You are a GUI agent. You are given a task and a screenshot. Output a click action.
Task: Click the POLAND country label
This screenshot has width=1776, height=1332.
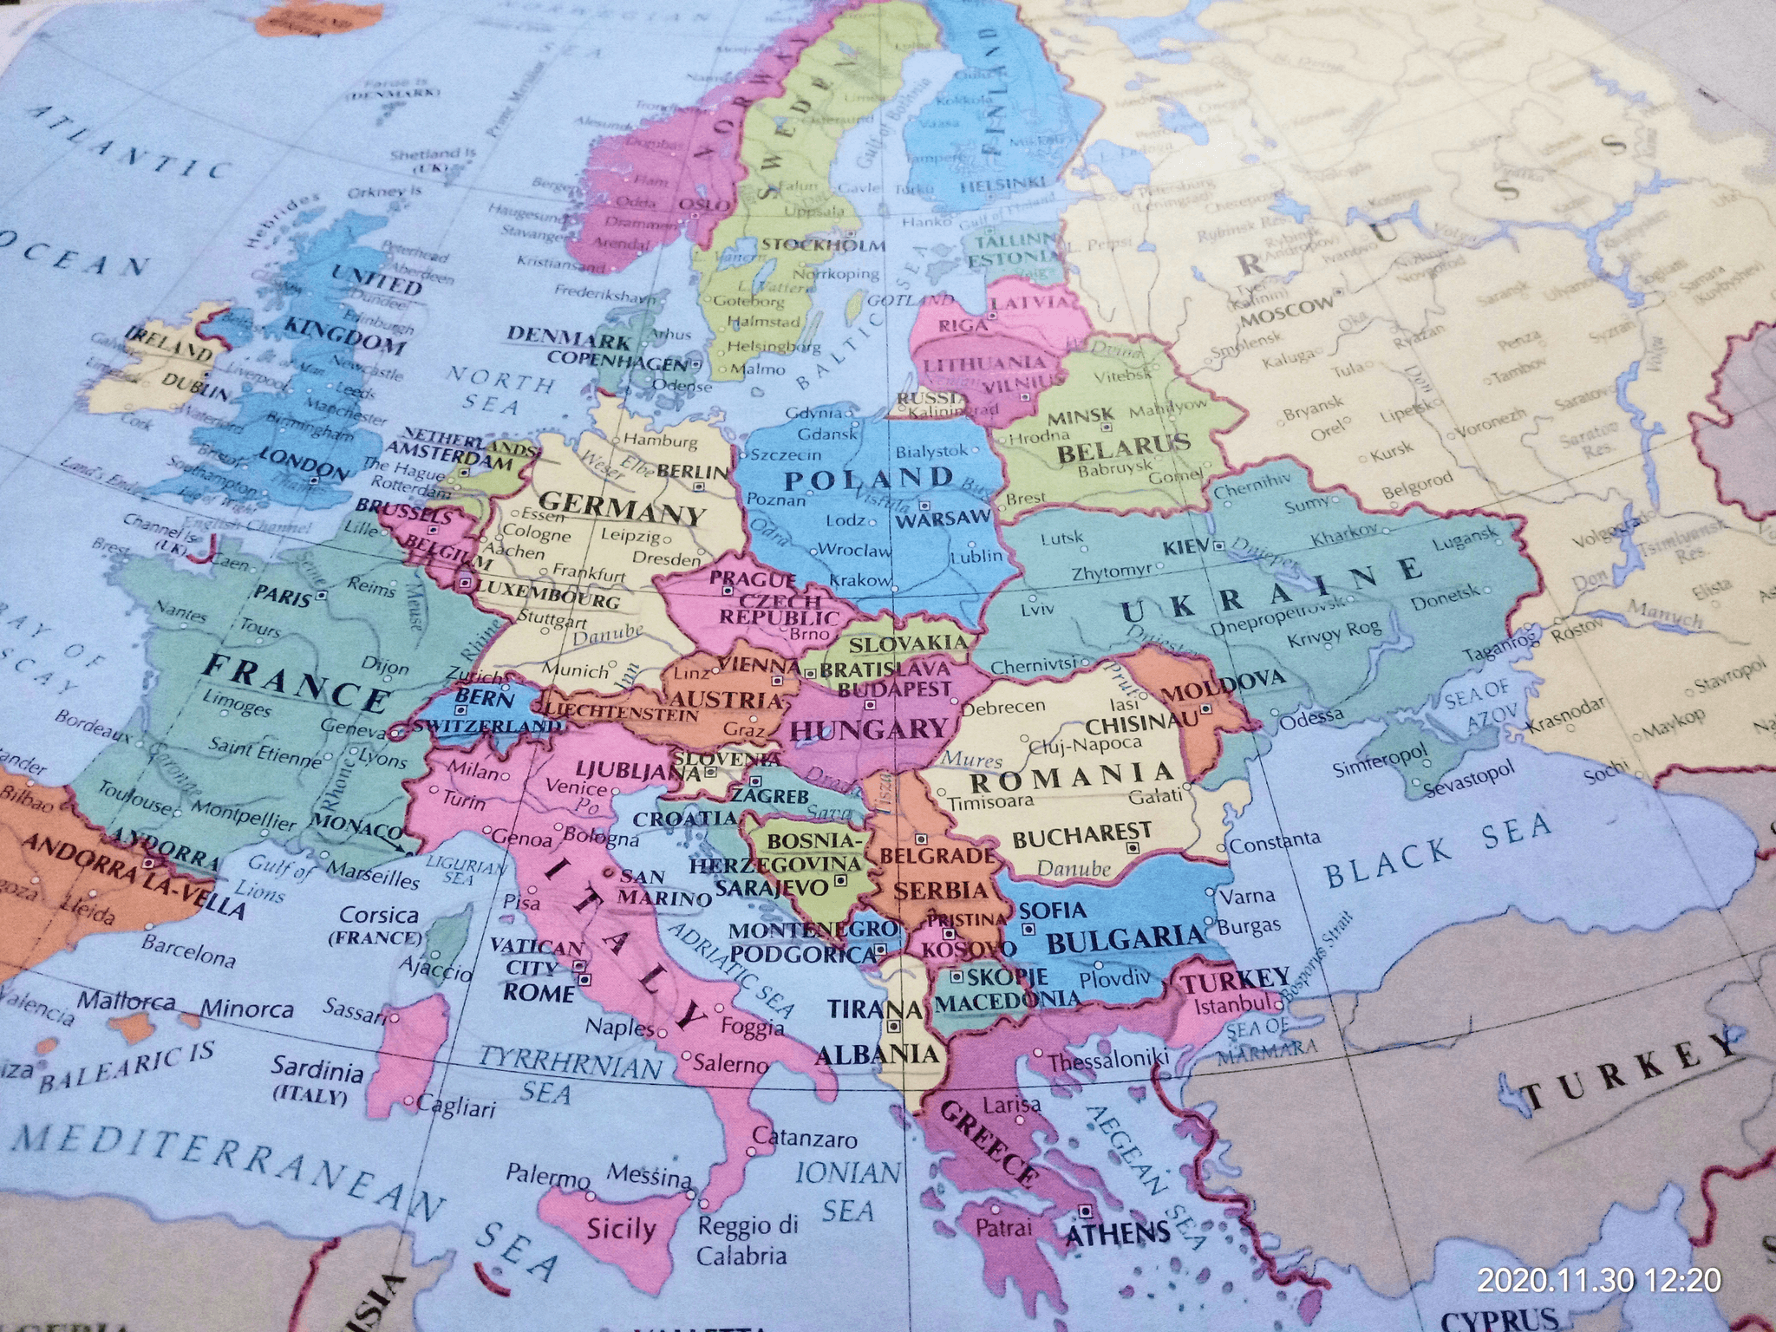coord(868,478)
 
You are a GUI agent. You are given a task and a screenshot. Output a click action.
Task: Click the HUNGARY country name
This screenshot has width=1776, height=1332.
coord(871,730)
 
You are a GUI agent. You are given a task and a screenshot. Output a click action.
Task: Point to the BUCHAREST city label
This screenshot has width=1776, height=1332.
coord(1082,837)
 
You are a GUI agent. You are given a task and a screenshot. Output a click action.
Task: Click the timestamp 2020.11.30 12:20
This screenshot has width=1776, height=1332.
coord(1599,1280)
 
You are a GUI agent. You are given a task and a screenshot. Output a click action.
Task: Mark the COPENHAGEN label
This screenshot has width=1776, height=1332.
coord(617,360)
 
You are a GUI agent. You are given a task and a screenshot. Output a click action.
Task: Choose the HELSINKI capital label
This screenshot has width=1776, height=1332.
coord(1003,185)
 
